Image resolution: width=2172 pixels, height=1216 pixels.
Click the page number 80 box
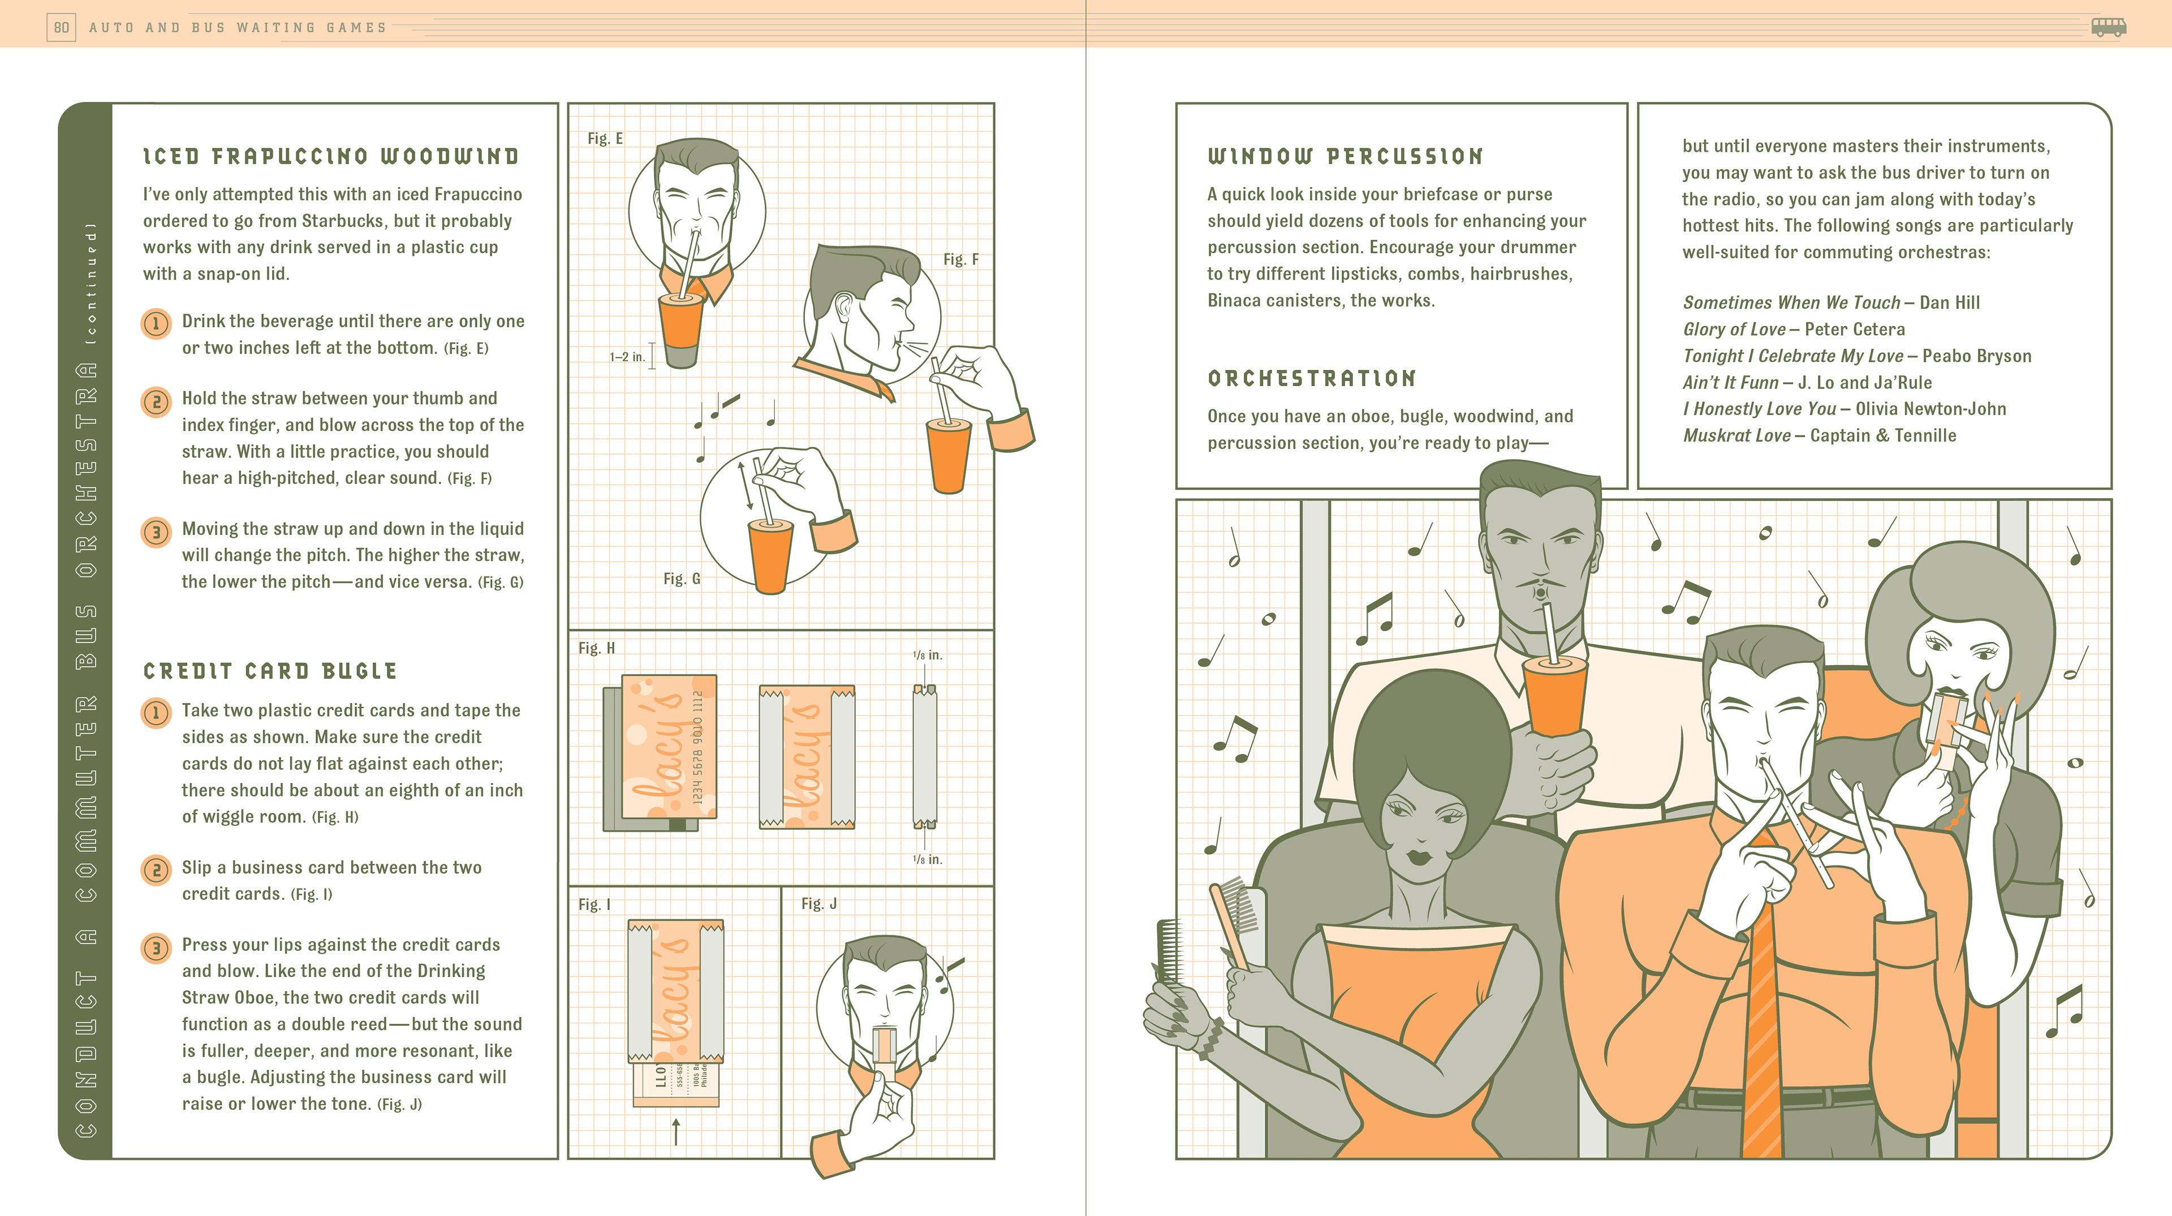62,28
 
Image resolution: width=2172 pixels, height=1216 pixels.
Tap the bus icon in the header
2109,27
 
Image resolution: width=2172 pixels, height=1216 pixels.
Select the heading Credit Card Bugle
270,671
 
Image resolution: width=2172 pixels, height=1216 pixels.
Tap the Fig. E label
605,139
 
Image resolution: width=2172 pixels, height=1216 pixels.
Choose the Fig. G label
681,579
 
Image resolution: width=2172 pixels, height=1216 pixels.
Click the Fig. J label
818,904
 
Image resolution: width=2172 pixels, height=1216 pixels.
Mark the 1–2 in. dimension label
627,357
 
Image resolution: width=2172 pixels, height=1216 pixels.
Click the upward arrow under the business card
675,1132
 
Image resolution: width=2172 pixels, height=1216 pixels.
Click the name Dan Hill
1949,303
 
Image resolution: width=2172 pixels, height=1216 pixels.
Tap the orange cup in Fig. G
770,557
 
